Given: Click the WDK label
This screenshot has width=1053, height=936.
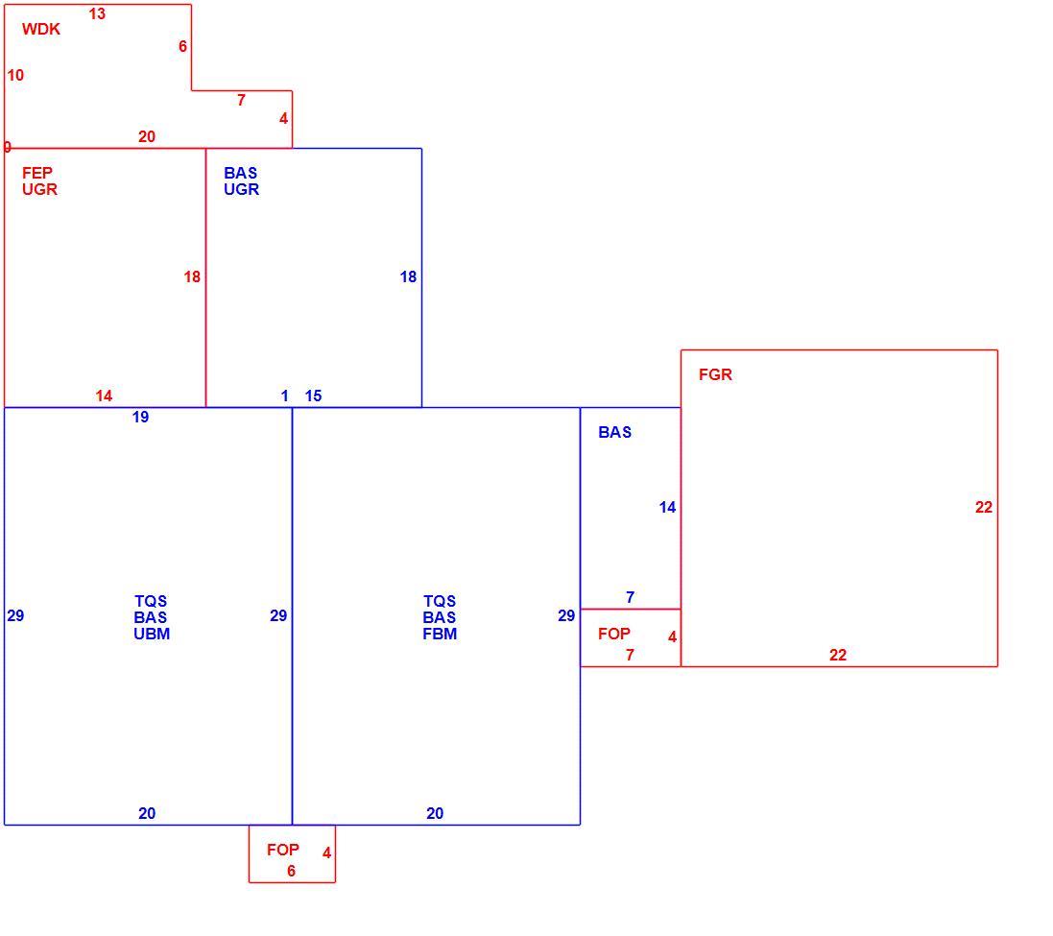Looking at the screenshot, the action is tap(41, 29).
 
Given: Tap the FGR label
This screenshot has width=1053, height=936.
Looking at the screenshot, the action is tap(715, 374).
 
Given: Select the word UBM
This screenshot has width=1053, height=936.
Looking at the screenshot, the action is tap(152, 634).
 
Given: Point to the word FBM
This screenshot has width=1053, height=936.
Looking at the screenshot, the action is tap(440, 634).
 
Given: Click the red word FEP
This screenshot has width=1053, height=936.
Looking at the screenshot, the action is tap(36, 173).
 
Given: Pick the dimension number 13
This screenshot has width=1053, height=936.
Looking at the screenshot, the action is tap(97, 14).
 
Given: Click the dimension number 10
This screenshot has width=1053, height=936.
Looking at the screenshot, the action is tap(15, 75).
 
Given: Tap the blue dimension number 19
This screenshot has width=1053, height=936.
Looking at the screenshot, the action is tap(140, 417).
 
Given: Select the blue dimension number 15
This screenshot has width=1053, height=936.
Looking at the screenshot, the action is tap(313, 396).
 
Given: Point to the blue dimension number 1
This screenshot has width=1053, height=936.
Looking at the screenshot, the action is tap(285, 396).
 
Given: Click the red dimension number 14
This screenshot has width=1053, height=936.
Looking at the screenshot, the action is tap(104, 396).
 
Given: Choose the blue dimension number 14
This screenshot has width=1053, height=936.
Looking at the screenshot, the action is tap(667, 508).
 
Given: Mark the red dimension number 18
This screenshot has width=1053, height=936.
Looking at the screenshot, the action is tap(192, 276).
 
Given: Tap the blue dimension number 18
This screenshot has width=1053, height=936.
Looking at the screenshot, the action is tap(408, 276).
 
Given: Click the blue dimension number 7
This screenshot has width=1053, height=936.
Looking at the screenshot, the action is tap(630, 597).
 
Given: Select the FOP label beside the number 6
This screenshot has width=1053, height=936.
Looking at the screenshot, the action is tap(283, 850).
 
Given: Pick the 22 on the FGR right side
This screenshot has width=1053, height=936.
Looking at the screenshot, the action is tap(984, 508).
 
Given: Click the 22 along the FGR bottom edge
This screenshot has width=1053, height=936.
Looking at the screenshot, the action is tap(838, 655).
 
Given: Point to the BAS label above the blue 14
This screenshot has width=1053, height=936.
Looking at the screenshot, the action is tap(614, 432).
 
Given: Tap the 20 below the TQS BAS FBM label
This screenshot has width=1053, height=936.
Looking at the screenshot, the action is tap(435, 814).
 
